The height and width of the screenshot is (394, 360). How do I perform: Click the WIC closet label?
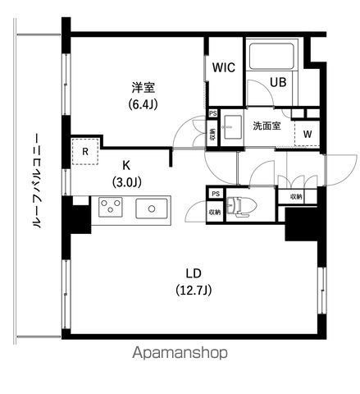[224, 69]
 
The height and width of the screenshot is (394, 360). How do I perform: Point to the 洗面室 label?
[267, 126]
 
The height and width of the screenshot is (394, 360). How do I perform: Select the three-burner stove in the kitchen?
[109, 208]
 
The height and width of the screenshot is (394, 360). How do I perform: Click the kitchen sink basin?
[153, 208]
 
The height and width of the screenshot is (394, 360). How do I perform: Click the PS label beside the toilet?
[215, 194]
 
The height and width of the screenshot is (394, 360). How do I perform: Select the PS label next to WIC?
[213, 114]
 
